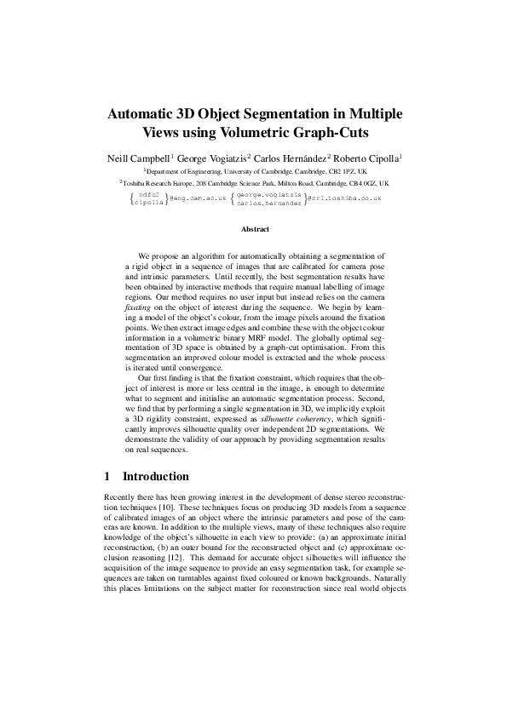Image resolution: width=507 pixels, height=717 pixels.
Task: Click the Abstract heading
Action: click(255, 230)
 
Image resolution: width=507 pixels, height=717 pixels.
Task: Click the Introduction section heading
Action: click(156, 476)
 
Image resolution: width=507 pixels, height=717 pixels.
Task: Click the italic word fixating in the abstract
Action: click(137, 307)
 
